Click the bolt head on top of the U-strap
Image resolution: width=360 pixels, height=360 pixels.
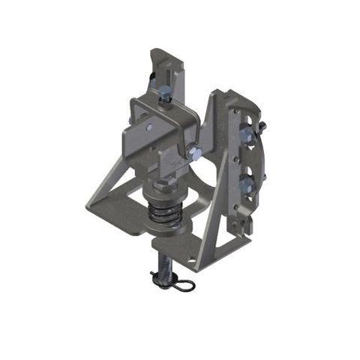click(x=164, y=93)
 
